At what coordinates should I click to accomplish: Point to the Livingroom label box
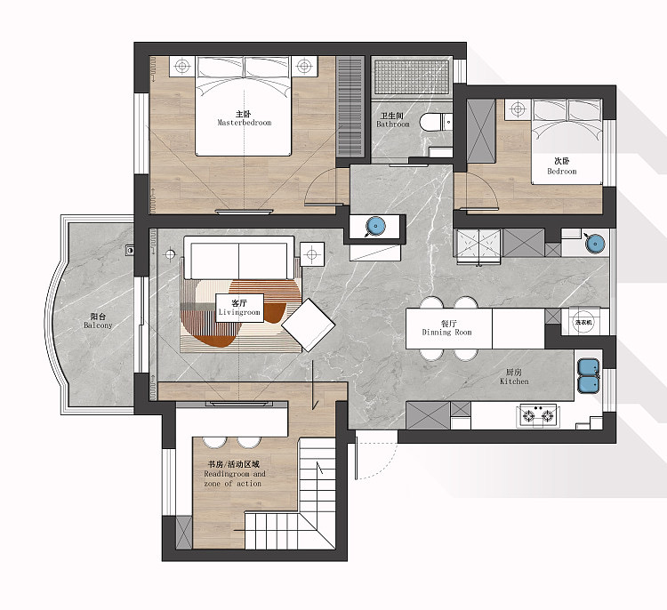point(239,308)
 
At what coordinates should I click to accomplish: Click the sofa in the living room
point(238,258)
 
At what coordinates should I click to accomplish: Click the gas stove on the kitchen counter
point(538,415)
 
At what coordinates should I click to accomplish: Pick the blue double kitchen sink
point(589,375)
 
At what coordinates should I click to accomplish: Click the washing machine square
point(583,322)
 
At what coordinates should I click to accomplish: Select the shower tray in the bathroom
point(412,76)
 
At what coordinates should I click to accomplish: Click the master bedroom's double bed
point(244,106)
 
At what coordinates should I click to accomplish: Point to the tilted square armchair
point(308,325)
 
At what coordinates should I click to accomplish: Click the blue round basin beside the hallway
point(374,226)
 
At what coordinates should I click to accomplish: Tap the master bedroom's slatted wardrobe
point(350,107)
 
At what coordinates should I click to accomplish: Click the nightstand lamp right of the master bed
point(304,67)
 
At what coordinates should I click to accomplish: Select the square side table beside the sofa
point(312,254)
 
